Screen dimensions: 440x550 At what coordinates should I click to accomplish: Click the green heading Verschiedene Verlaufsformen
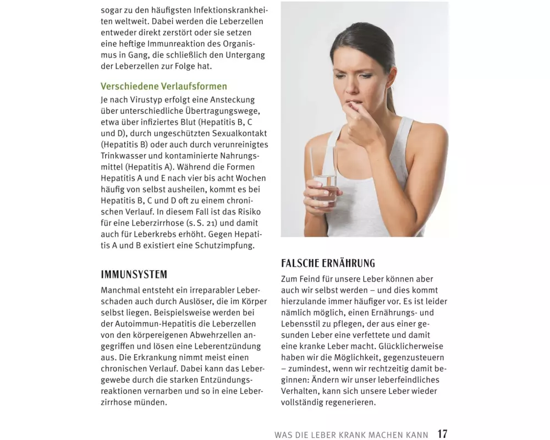click(164, 86)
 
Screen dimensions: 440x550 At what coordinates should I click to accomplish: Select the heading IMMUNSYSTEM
click(134, 274)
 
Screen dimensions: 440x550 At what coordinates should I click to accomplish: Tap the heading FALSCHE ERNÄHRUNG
click(328, 263)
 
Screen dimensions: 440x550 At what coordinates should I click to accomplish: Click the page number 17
click(442, 434)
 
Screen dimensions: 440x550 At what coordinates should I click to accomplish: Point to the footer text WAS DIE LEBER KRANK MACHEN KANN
click(351, 435)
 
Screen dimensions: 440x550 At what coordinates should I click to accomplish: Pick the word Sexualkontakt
click(229, 133)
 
